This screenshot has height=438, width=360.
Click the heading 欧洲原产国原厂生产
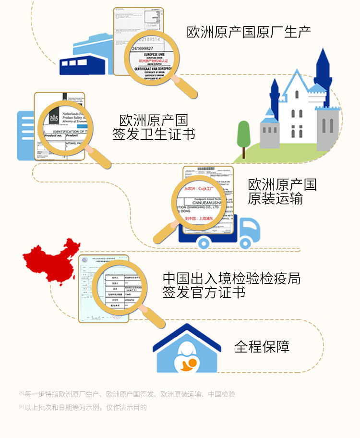pos(249,32)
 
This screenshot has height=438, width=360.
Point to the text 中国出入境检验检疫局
pos(231,278)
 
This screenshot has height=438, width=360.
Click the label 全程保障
pos(262,346)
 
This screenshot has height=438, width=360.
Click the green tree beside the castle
pos(244,134)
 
